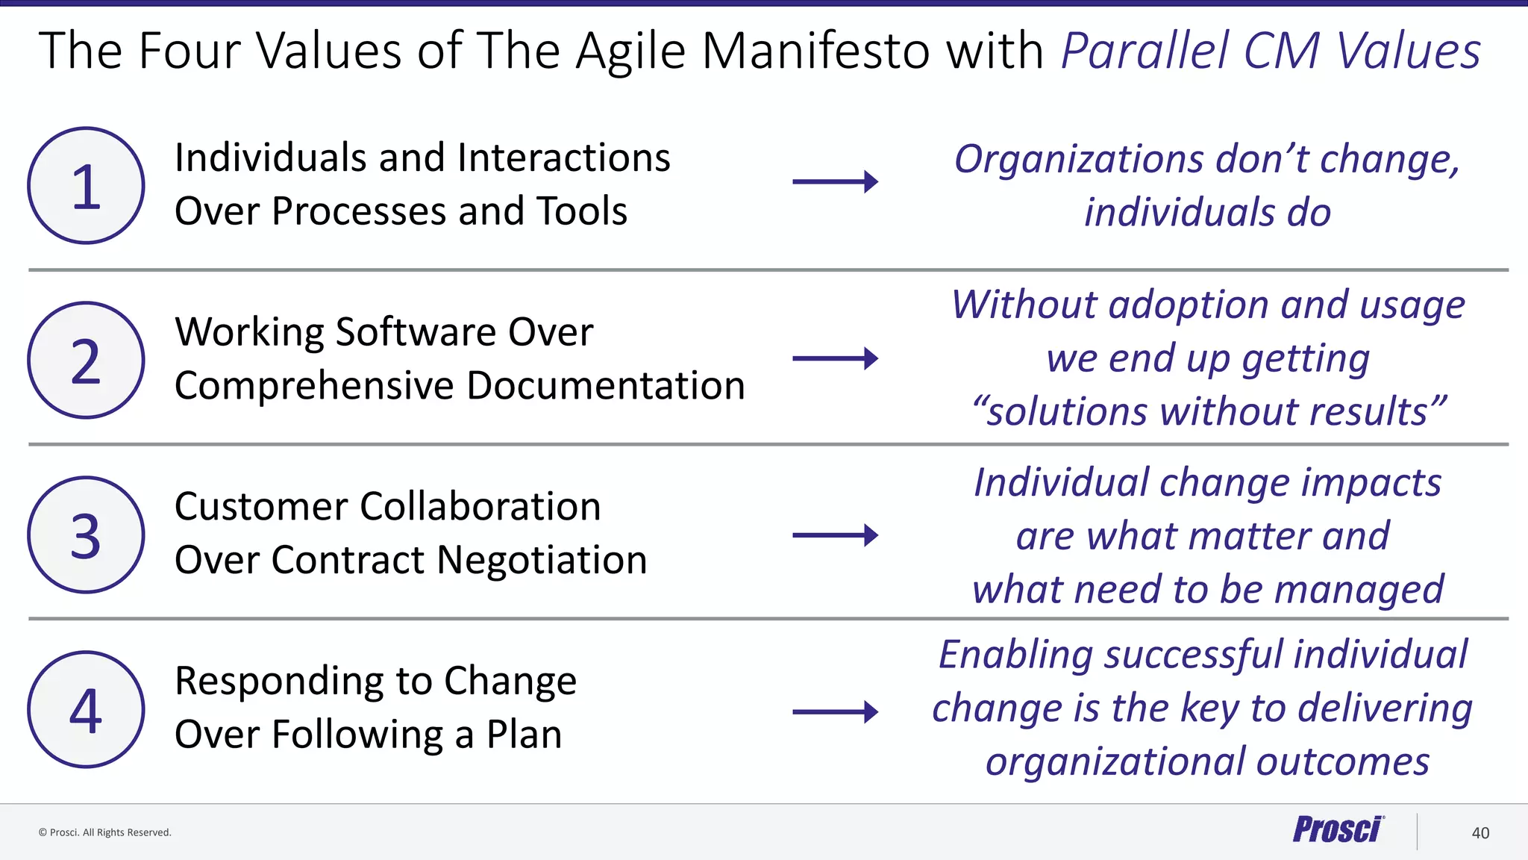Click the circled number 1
click(86, 186)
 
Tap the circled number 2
click(86, 361)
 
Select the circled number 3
click(86, 535)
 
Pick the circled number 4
click(86, 710)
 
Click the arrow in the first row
click(835, 181)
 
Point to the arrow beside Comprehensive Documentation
click(835, 358)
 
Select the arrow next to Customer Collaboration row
click(835, 535)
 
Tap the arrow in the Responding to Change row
click(835, 711)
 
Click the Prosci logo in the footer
click(1338, 830)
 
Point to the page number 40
click(1480, 833)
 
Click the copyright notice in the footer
click(105, 832)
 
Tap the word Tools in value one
click(582, 211)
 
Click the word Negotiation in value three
click(542, 560)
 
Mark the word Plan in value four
click(524, 735)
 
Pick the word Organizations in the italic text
click(1079, 160)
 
